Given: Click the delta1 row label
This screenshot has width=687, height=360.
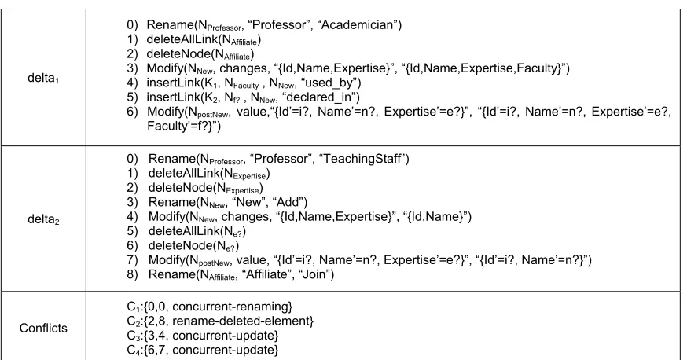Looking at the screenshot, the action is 43,78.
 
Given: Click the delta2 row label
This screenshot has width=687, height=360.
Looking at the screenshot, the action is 43,219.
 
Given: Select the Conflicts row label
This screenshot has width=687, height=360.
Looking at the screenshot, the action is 43,328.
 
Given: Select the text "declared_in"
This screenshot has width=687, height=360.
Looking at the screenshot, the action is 321,97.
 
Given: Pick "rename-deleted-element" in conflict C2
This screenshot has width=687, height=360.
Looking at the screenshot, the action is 242,321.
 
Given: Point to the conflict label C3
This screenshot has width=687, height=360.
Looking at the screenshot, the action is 133,336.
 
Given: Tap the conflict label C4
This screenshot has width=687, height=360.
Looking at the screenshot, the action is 133,350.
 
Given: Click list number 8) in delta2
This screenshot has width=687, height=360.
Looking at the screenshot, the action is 132,274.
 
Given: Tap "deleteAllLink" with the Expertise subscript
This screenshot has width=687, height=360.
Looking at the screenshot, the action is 184,173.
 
